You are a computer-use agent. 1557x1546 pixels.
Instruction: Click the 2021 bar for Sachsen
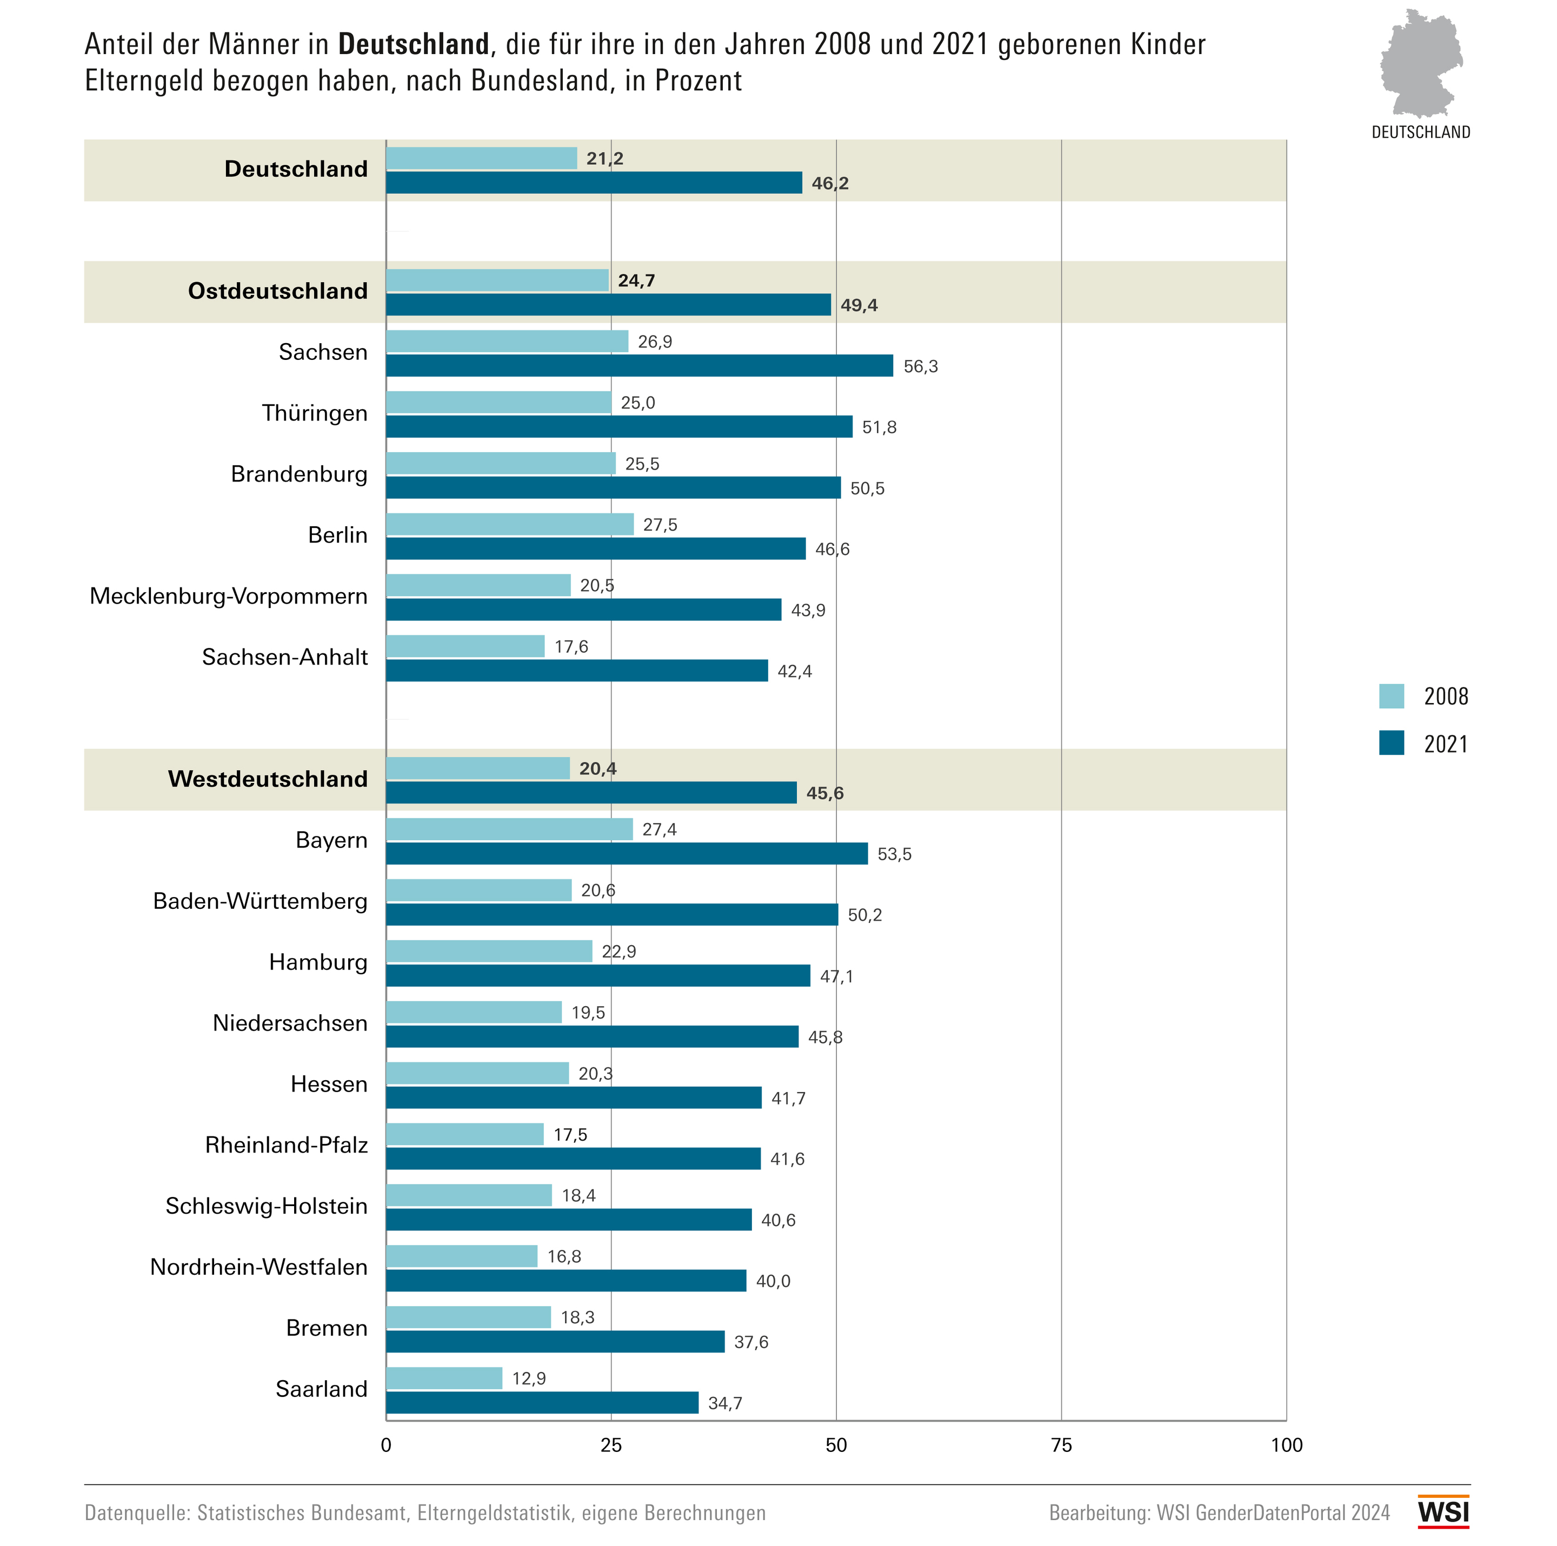[639, 366]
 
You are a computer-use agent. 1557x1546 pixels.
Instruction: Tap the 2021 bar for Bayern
[627, 853]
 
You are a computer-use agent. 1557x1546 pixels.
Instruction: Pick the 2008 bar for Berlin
[509, 525]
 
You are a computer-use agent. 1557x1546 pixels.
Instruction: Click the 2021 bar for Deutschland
[594, 183]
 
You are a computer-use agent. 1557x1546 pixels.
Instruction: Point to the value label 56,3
[920, 366]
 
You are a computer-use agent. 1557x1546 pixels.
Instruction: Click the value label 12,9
[529, 1378]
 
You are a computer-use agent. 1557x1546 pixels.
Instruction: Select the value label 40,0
[773, 1281]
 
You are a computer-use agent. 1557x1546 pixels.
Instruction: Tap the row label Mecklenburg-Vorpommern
[228, 596]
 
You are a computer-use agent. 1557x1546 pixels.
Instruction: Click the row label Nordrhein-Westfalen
[259, 1267]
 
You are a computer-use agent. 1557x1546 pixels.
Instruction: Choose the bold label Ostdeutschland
[277, 291]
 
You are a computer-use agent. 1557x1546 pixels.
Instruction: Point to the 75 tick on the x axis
[1061, 1445]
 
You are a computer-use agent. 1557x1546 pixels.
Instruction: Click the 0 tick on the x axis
[386, 1445]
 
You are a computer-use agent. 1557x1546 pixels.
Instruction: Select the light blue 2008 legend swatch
[1391, 696]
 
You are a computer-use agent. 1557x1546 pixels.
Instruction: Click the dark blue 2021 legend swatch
[1391, 743]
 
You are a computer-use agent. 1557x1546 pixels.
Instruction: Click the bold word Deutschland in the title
[414, 44]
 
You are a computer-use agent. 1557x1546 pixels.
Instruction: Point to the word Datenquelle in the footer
[136, 1513]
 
